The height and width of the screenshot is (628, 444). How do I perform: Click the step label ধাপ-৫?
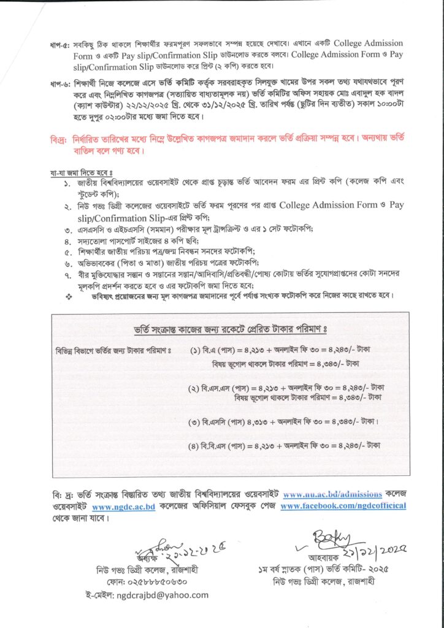coord(61,44)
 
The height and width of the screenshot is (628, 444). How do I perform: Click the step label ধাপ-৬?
coord(61,82)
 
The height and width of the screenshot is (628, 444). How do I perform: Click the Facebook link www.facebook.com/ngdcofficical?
coord(343,507)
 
